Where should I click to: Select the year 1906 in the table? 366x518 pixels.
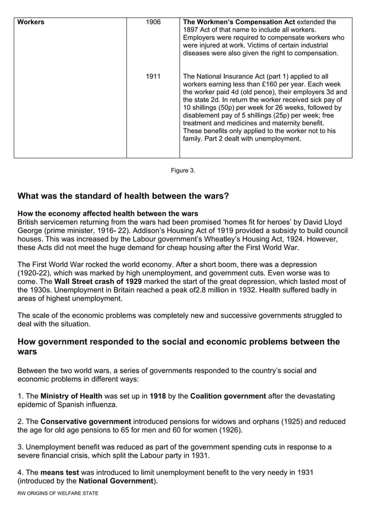click(x=153, y=22)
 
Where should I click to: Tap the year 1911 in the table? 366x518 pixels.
click(x=153, y=76)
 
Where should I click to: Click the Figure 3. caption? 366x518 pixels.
click(x=183, y=170)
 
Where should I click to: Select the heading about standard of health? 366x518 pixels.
click(x=123, y=196)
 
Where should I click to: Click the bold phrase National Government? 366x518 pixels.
click(x=116, y=481)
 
